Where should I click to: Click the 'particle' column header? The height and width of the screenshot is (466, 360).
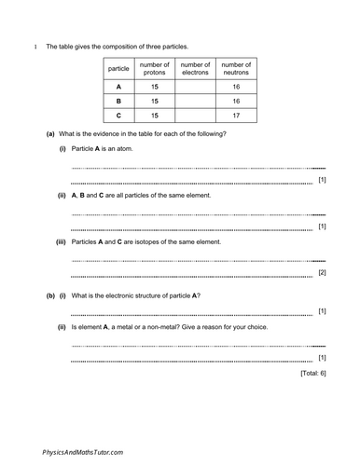pos(118,69)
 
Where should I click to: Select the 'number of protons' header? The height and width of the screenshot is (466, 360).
pos(153,68)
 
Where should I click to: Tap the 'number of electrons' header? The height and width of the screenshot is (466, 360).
pos(195,68)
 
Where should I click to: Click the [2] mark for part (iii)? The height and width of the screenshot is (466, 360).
pos(322,272)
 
